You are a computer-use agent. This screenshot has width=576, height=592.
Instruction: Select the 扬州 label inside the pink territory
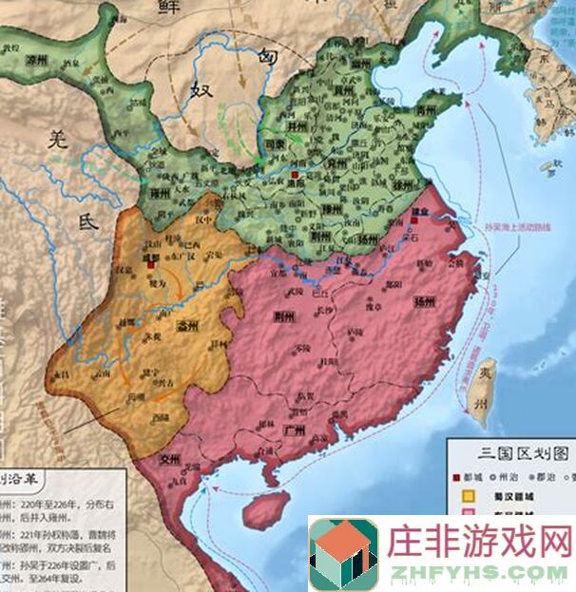click(x=424, y=302)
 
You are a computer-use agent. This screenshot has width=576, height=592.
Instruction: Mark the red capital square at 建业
click(x=415, y=221)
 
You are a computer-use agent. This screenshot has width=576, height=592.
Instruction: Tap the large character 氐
click(x=87, y=224)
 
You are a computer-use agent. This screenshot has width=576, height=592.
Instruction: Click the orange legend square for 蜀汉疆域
click(x=468, y=495)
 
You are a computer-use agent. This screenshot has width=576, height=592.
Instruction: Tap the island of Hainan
click(x=267, y=509)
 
